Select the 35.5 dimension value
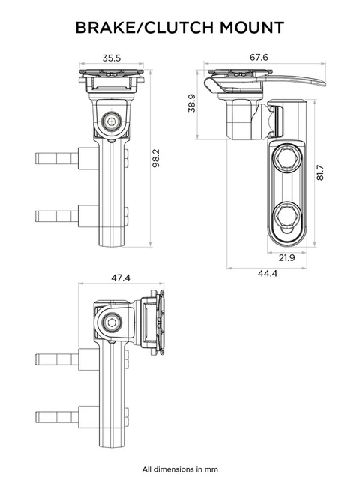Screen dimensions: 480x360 coord(112,57)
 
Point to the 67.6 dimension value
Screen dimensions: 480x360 coord(260,57)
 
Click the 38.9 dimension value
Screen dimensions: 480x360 coord(191,103)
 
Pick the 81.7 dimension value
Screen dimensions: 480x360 coord(320,173)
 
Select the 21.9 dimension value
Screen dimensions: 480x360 coord(286,258)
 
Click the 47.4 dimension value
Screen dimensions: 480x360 coord(121,277)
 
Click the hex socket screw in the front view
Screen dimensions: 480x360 coord(112,121)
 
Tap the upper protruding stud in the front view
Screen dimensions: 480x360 coord(56,160)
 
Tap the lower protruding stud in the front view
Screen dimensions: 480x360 coord(56,215)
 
